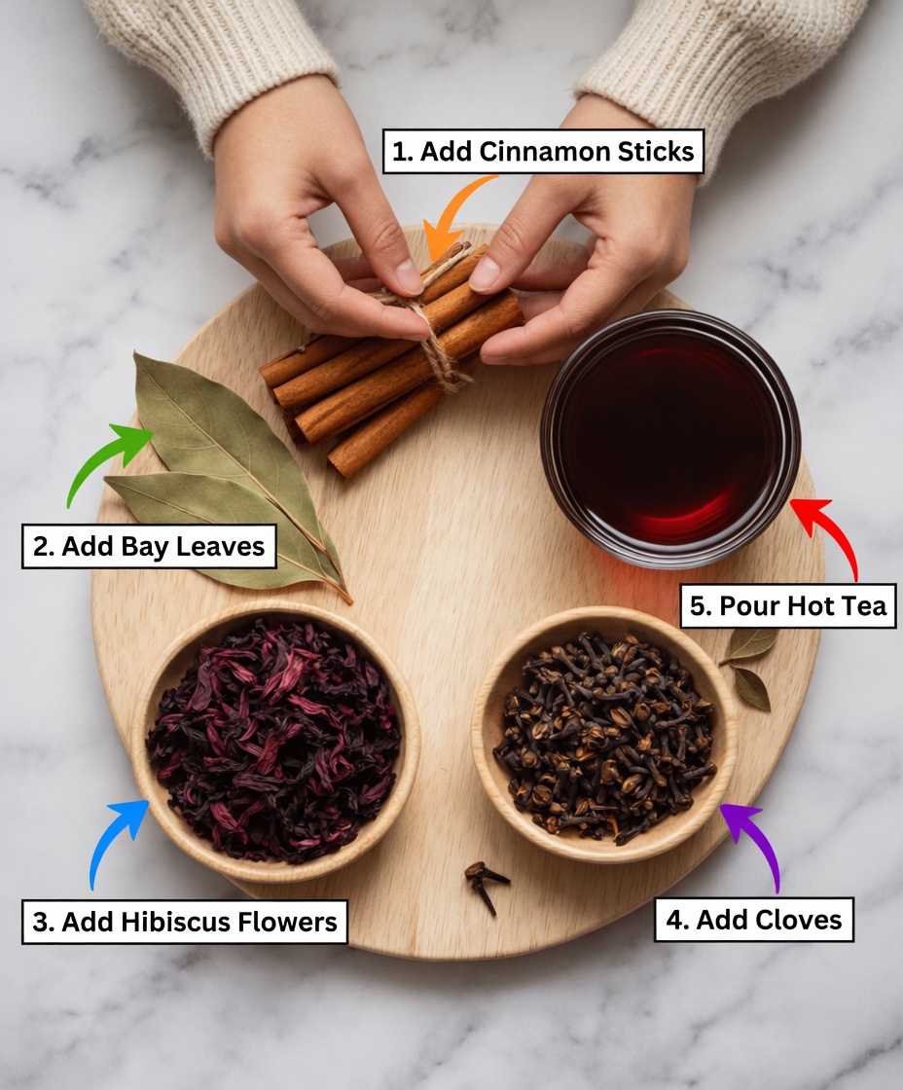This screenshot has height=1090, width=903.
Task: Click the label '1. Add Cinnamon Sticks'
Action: pos(542,152)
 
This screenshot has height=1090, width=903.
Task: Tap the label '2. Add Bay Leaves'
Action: pos(149,547)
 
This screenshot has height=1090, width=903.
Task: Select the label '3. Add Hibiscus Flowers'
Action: pos(184,922)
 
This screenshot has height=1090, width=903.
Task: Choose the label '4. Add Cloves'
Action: pos(754,920)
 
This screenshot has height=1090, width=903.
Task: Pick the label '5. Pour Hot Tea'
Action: pos(788,606)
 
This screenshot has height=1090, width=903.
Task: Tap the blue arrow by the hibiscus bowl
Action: pos(117,838)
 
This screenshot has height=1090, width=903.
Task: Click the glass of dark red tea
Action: pos(670,437)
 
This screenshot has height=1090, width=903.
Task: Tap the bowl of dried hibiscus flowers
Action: pos(274,740)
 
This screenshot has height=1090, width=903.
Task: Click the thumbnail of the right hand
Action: pos(486,273)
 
